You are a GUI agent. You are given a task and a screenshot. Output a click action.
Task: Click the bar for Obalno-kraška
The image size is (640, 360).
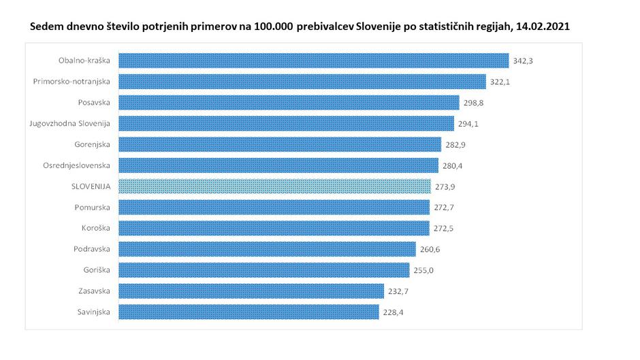pos(313,61)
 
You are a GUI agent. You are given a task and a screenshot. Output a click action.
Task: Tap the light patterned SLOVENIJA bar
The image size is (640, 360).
pos(274,186)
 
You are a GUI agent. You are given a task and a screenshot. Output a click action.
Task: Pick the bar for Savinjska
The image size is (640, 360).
pos(249,312)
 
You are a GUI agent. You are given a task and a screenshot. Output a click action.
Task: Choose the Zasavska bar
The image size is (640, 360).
pos(251,291)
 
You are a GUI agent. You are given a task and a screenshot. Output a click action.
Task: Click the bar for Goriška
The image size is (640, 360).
pos(264,270)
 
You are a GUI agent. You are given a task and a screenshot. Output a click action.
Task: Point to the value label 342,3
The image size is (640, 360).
pos(523,61)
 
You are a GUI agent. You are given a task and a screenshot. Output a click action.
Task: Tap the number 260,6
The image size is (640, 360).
pos(430,249)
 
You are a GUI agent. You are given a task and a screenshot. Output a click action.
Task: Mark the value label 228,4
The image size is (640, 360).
pos(393,312)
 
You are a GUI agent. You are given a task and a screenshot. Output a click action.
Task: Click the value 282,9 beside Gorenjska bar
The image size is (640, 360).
pos(455,145)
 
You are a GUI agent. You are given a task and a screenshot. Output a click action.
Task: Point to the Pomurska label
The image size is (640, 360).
pos(93,207)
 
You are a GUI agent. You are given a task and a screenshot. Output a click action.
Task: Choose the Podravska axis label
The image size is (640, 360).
pos(92,249)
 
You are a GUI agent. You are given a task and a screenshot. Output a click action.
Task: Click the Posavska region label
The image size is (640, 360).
pos(94,103)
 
